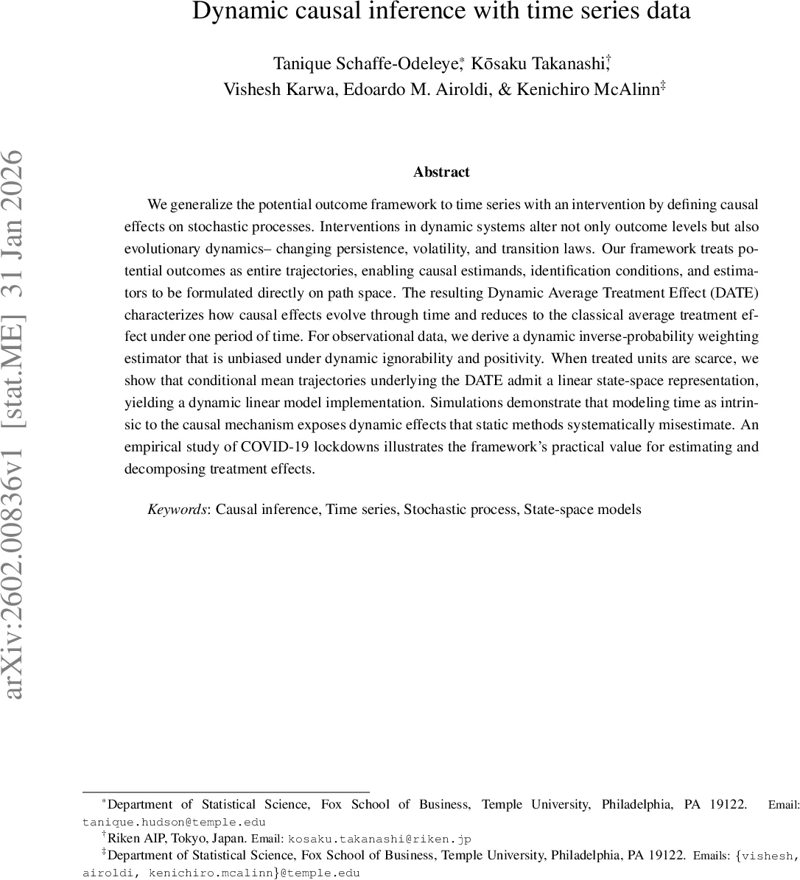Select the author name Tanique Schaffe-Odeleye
pyautogui.click(x=365, y=64)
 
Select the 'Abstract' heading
pyautogui.click(x=441, y=172)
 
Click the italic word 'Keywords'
pyautogui.click(x=178, y=510)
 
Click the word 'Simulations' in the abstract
pyautogui.click(x=466, y=403)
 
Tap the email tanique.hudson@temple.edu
pyautogui.click(x=174, y=823)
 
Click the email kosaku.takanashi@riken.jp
pyautogui.click(x=379, y=839)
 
